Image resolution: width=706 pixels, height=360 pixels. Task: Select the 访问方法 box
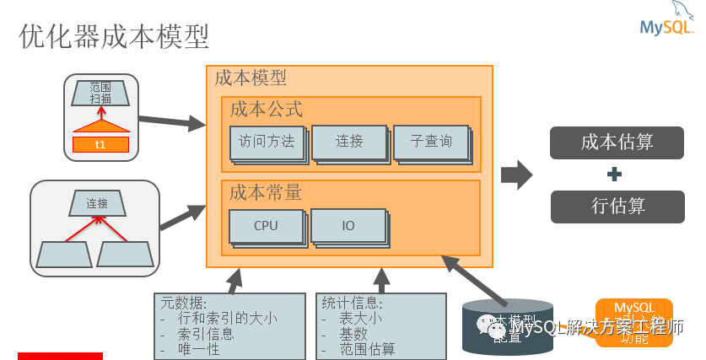click(x=267, y=142)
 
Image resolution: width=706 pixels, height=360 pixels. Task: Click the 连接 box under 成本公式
click(x=348, y=142)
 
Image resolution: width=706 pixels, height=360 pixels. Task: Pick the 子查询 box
click(x=430, y=142)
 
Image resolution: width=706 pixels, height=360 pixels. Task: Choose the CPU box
click(x=266, y=225)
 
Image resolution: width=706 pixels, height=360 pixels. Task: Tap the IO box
click(x=348, y=225)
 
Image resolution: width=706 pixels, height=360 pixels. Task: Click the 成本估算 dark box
click(x=617, y=142)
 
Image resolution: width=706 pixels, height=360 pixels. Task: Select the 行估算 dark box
click(x=617, y=206)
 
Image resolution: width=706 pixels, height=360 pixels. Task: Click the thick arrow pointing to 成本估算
click(x=515, y=175)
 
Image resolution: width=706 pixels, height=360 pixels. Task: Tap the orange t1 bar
click(x=100, y=144)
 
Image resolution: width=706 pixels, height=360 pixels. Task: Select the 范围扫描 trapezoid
click(x=100, y=93)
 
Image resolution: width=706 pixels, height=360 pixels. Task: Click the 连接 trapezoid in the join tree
click(x=97, y=203)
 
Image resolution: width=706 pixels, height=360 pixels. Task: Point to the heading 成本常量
click(x=266, y=192)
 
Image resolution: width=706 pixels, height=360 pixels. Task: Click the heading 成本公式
click(x=266, y=110)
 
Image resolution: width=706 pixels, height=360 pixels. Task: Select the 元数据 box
click(x=229, y=325)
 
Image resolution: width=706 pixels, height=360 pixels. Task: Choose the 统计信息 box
click(x=380, y=325)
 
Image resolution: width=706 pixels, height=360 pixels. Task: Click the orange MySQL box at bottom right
click(x=633, y=322)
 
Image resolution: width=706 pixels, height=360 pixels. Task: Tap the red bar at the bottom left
click(x=60, y=356)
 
